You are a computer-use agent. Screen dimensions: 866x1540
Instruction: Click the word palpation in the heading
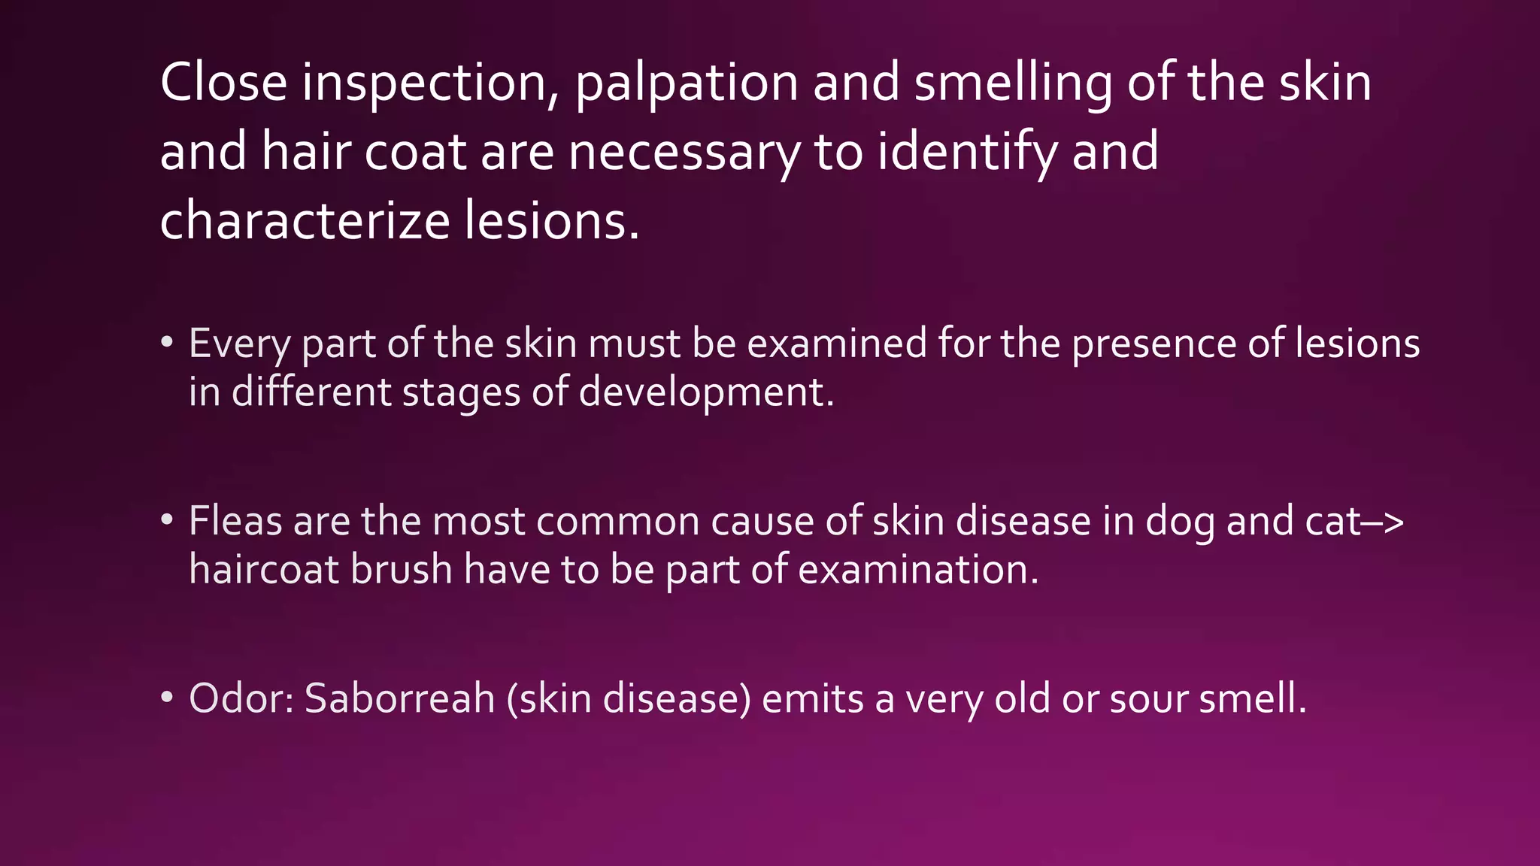click(x=686, y=84)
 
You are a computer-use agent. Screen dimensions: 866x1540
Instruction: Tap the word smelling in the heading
click(x=1012, y=83)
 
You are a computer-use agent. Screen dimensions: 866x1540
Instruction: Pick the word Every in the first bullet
click(x=239, y=344)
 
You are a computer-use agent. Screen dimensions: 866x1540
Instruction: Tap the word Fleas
click(x=235, y=521)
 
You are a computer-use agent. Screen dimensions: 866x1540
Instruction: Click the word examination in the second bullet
click(x=917, y=569)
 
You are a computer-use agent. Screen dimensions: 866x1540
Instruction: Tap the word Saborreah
click(x=399, y=698)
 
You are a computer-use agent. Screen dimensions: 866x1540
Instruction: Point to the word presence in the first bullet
click(x=1153, y=344)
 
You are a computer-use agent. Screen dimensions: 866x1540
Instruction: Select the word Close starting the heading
click(x=223, y=83)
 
